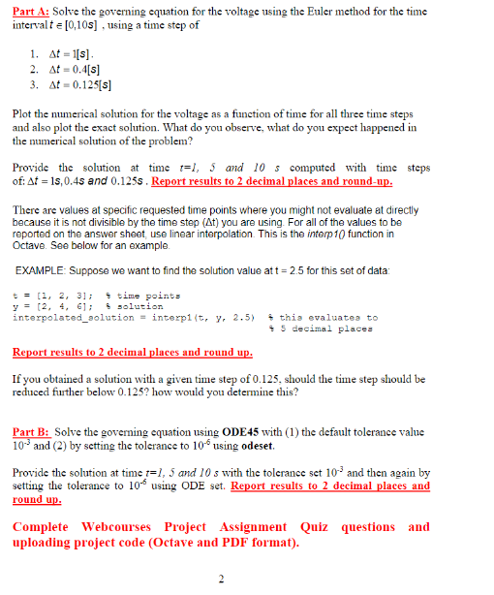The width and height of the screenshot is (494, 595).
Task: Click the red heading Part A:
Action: point(33,10)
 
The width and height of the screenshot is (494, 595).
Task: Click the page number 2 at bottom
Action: point(222,579)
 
